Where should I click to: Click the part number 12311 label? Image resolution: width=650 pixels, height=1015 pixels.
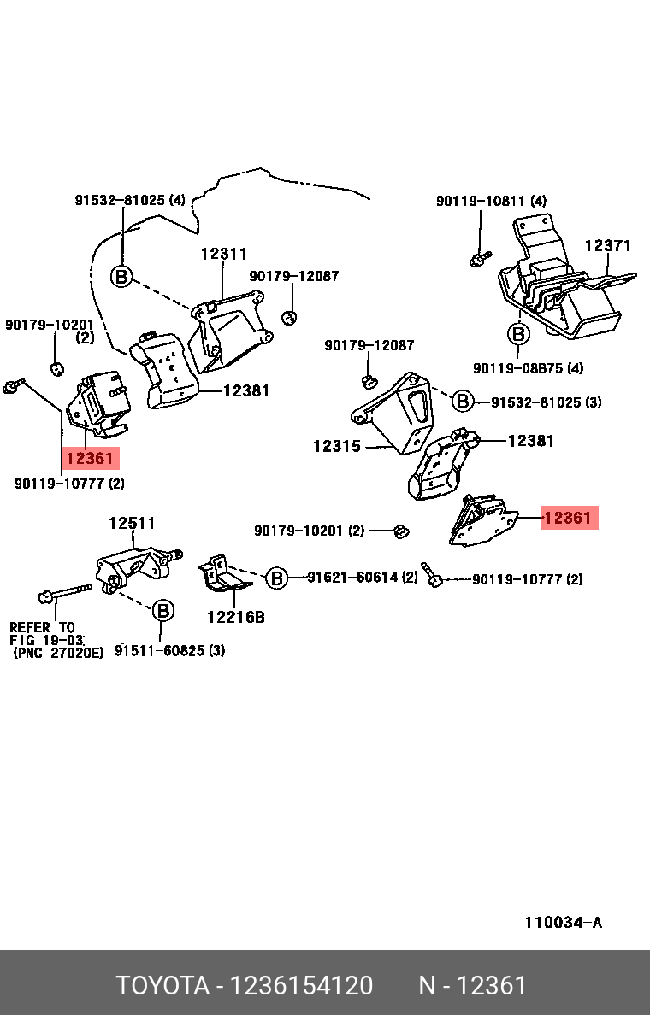point(224,254)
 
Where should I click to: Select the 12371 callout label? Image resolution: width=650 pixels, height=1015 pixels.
point(607,246)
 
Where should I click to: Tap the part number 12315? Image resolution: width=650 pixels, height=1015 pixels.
point(336,446)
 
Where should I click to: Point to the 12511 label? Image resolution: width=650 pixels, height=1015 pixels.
point(132,524)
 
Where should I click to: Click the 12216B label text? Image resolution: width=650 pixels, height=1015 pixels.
point(235,615)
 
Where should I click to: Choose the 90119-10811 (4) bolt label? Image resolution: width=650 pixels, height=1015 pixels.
point(491,201)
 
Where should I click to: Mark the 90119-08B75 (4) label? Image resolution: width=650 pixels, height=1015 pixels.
point(528,368)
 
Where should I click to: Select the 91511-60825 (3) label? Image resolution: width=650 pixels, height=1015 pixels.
point(170,650)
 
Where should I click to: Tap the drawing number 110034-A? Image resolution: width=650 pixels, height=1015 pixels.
point(563,922)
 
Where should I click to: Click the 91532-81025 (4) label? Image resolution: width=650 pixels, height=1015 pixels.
point(129,201)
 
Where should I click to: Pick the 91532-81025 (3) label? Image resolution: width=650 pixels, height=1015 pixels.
point(546,402)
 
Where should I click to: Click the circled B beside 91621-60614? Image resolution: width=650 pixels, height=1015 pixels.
point(276,578)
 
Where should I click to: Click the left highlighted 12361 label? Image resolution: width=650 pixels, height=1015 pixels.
point(89,459)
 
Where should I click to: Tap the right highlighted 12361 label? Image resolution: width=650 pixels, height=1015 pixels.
point(568,518)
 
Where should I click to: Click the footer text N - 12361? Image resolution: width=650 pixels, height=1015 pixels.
point(472,986)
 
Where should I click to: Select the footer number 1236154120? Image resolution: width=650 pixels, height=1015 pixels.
point(305,986)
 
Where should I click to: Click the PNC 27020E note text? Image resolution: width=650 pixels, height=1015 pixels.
point(58,652)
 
